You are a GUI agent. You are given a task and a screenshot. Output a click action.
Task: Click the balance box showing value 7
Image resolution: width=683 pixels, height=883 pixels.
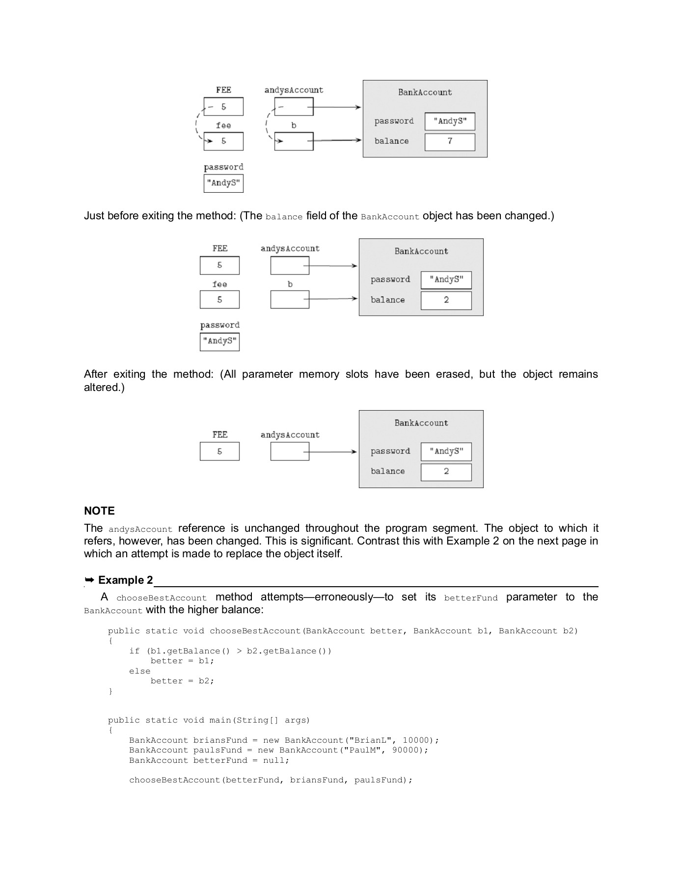click(x=450, y=142)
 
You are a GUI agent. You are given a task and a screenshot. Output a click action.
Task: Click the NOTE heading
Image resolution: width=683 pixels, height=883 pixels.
click(x=99, y=511)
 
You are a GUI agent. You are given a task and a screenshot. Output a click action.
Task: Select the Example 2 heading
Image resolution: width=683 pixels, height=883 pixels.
click(x=125, y=580)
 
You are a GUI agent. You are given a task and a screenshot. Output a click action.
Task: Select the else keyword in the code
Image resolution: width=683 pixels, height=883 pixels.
click(x=139, y=671)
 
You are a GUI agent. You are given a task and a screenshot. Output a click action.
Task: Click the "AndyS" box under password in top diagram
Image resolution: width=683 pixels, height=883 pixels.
click(x=223, y=183)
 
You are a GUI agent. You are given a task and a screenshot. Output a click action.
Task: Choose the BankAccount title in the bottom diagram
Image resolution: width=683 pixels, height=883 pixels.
click(x=421, y=423)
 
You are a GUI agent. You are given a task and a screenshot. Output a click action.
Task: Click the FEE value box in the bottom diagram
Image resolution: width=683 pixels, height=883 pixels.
click(x=219, y=451)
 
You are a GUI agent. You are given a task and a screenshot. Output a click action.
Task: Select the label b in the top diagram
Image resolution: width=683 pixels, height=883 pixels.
click(x=294, y=126)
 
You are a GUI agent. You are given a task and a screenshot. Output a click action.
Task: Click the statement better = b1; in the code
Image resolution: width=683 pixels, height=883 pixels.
click(x=182, y=661)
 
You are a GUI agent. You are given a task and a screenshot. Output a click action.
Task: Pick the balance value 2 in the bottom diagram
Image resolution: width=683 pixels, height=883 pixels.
click(x=446, y=471)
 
